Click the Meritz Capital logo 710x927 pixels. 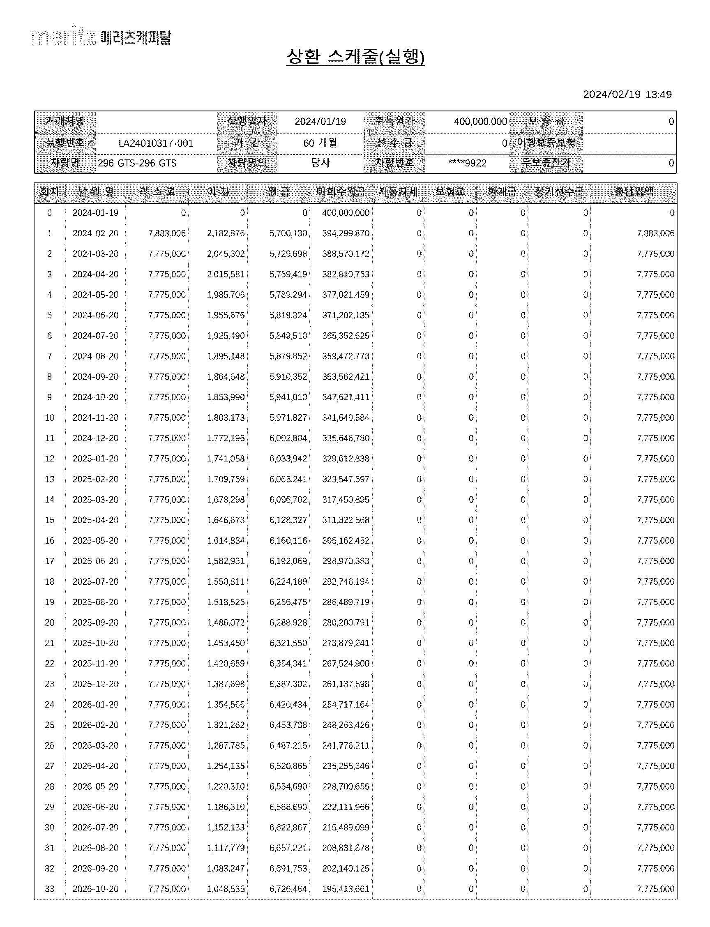[x=101, y=37]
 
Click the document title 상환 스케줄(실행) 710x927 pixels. [x=355, y=57]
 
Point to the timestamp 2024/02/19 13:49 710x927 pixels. [x=627, y=94]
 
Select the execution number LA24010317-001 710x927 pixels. [x=156, y=143]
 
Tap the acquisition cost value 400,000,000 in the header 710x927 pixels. [x=480, y=122]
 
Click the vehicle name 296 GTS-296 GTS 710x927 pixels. [x=137, y=164]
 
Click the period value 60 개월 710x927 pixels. [x=320, y=143]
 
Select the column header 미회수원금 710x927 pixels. [x=341, y=192]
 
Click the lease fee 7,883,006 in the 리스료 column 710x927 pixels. [x=167, y=233]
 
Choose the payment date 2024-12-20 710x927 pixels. [x=95, y=438]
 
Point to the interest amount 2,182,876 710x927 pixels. [x=226, y=233]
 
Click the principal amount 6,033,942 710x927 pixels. [x=288, y=459]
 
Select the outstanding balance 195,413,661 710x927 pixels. [x=345, y=889]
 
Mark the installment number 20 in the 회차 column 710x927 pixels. [x=49, y=623]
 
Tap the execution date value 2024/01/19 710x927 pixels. [x=320, y=122]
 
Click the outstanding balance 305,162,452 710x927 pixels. [x=345, y=541]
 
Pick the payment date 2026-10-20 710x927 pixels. [x=95, y=889]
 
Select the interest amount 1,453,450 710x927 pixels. [x=226, y=643]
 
